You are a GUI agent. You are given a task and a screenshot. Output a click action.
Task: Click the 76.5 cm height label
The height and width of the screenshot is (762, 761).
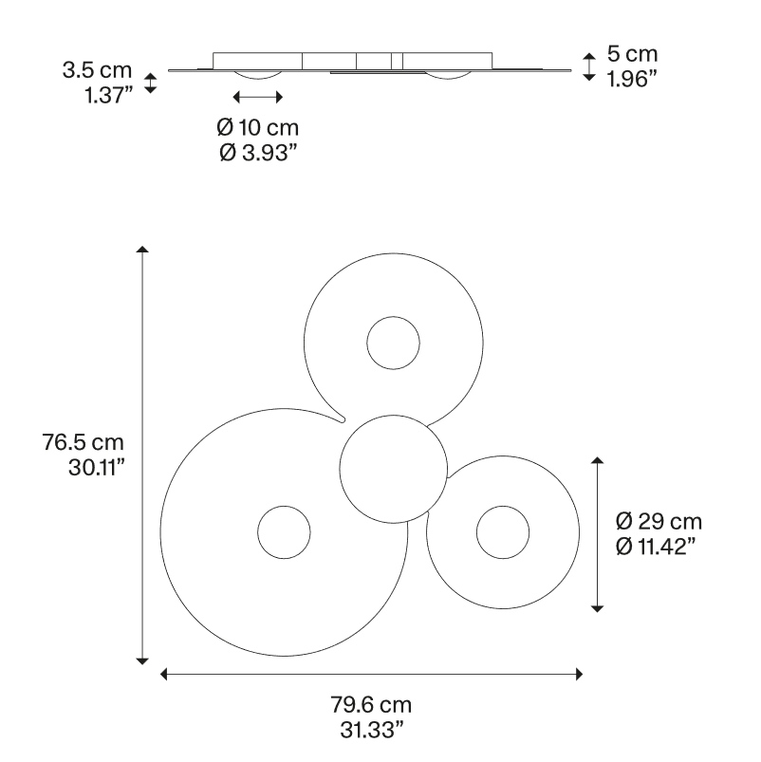point(84,442)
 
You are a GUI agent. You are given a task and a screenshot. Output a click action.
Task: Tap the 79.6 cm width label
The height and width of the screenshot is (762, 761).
point(371,705)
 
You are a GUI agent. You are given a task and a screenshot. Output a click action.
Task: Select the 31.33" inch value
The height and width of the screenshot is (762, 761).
point(372,730)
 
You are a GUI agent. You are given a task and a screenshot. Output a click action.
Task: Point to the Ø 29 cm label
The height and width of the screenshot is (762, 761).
point(659,522)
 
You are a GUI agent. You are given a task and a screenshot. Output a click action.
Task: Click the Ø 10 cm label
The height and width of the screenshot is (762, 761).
point(257,128)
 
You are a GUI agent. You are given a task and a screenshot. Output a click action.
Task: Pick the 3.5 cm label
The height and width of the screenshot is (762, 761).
point(97,70)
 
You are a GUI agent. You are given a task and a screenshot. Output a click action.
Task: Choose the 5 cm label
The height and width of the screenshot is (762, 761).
point(632,54)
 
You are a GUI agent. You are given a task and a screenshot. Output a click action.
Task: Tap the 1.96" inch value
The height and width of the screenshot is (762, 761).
point(632,79)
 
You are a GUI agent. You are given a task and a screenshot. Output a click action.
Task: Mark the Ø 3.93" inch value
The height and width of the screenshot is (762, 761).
point(258,153)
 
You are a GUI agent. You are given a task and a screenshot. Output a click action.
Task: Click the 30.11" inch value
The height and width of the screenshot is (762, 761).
point(97,468)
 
